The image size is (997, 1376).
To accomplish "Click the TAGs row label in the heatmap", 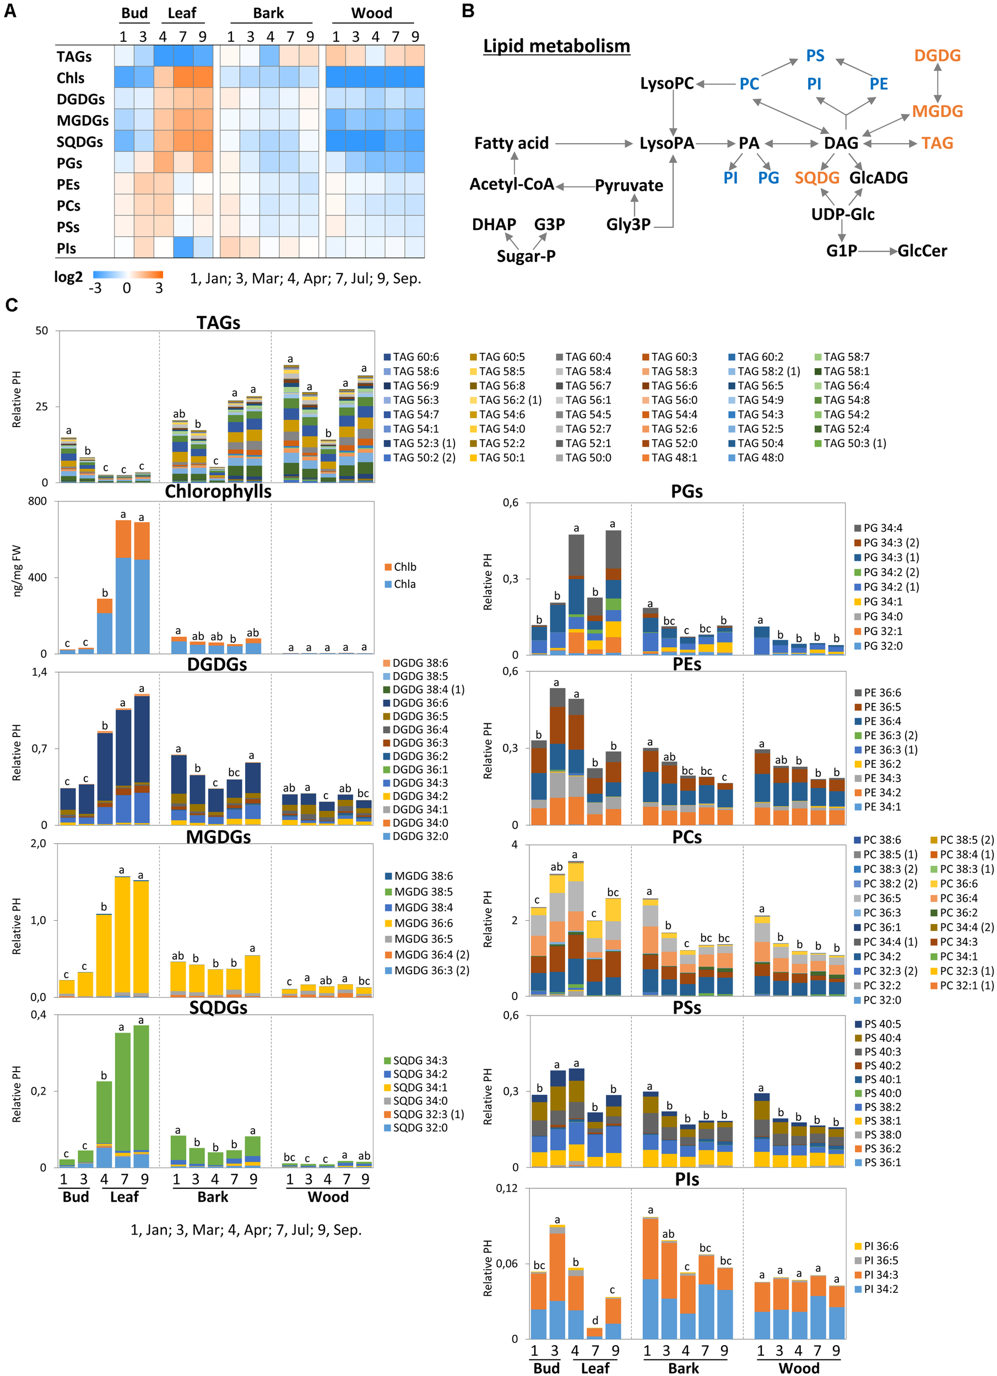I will point(74,57).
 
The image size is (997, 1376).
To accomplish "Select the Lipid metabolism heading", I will point(556,46).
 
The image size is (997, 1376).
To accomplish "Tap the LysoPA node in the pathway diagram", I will point(666,143).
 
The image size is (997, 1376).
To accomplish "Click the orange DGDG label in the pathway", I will point(937,56).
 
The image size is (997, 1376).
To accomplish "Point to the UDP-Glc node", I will point(842,214).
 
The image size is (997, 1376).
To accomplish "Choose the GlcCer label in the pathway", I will point(922,250).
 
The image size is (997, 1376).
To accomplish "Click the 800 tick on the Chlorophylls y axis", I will point(37,501).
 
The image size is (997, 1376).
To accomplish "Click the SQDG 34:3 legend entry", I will point(415,1060).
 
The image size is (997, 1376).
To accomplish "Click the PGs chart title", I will point(687,492).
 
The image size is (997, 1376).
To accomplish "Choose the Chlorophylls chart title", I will point(218,492).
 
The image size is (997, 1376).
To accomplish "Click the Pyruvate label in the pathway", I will point(628,185).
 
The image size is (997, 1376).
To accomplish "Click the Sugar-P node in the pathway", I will point(526,256).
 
